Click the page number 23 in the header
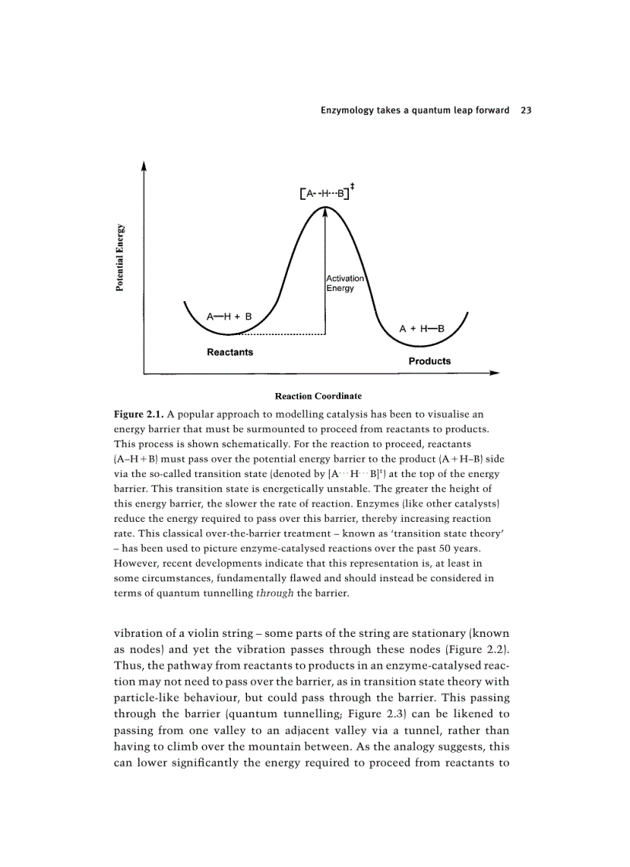(x=526, y=110)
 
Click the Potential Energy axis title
(x=120, y=259)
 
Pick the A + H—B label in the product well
(x=422, y=328)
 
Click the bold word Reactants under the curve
(x=229, y=352)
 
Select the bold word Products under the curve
(x=429, y=361)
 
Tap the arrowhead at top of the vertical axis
(x=144, y=164)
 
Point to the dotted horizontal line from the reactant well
(x=282, y=334)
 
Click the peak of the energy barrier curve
(x=326, y=208)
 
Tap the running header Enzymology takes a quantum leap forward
(x=415, y=110)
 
